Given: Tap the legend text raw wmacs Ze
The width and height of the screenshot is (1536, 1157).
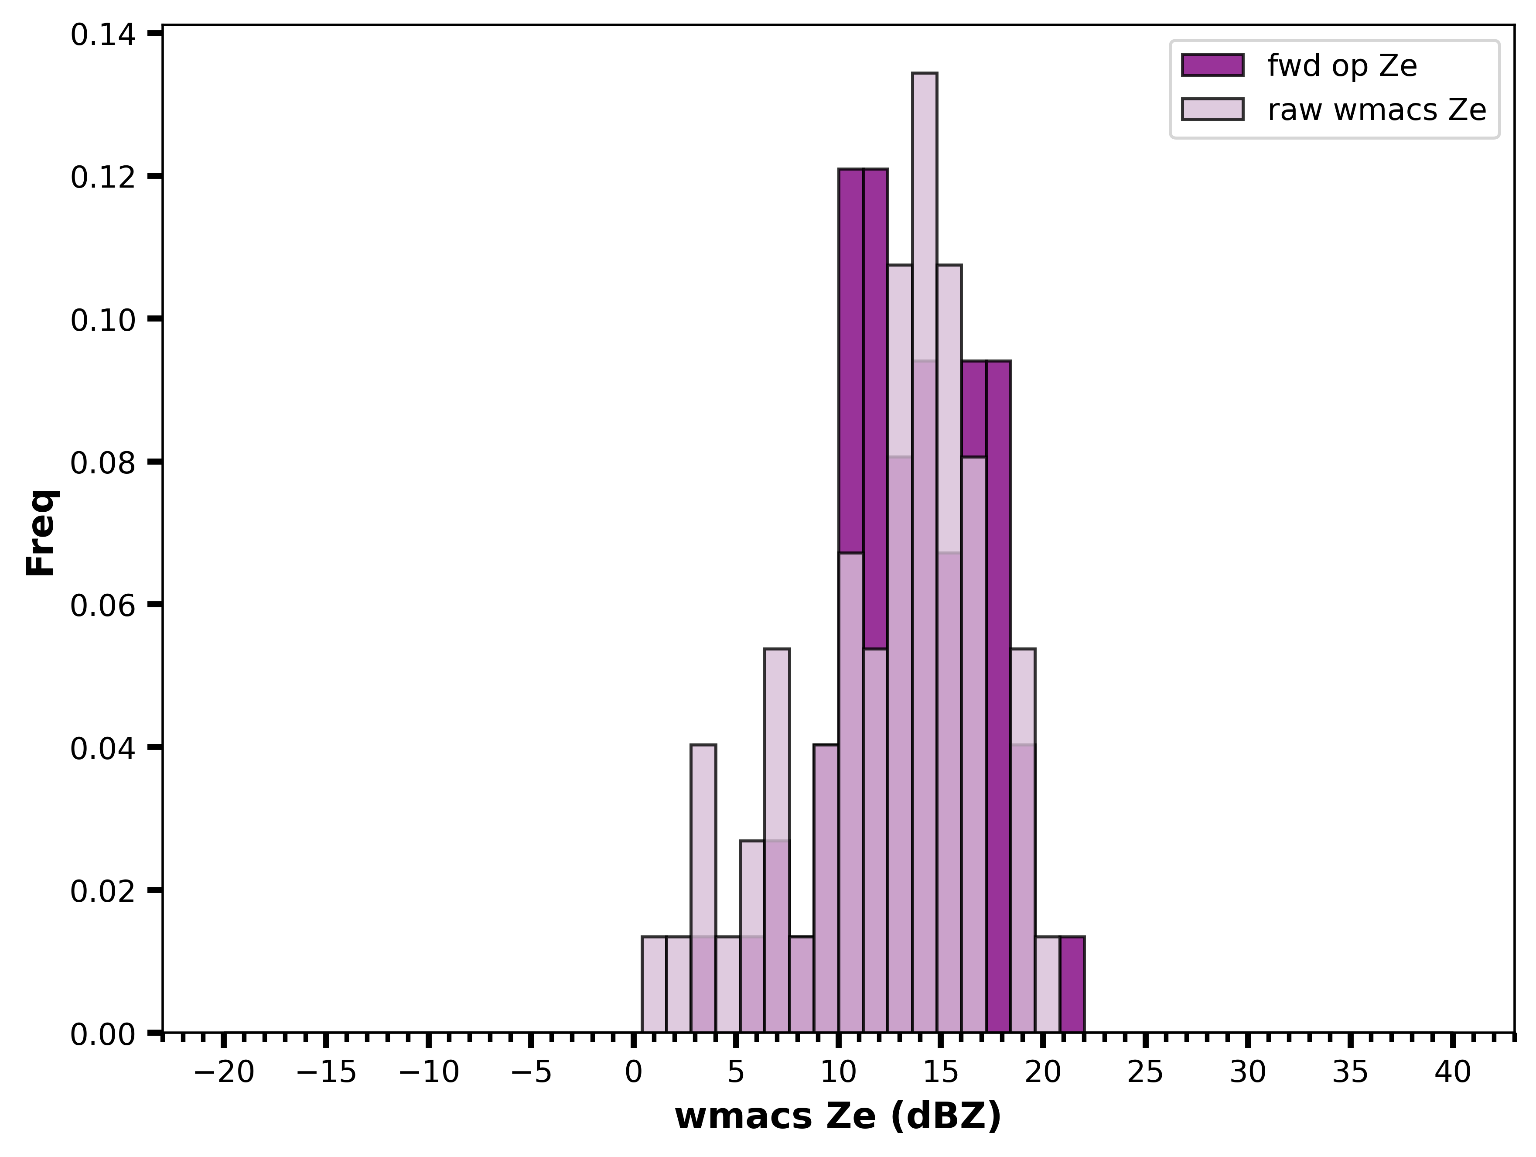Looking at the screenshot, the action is (1377, 110).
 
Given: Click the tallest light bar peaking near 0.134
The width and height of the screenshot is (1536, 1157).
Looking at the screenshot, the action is (924, 552).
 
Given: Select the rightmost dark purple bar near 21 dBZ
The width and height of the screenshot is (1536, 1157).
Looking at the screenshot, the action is (1072, 985).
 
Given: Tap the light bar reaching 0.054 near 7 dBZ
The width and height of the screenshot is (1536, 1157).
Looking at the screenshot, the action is (777, 840).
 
